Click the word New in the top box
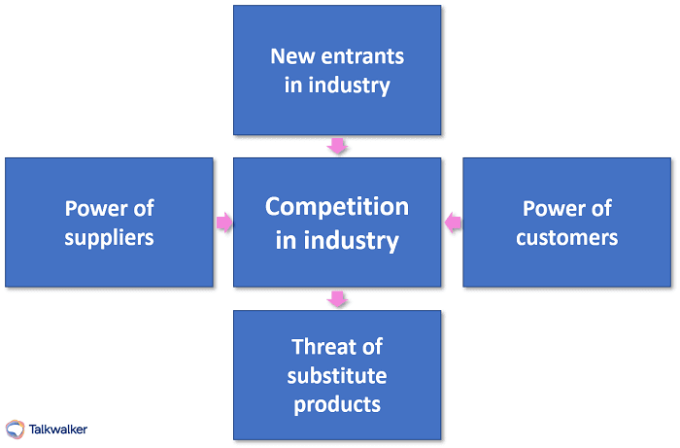point(292,55)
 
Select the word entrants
point(361,55)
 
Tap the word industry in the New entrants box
point(350,85)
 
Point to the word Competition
point(337,206)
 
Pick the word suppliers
point(109,236)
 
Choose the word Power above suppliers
point(95,208)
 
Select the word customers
point(566,236)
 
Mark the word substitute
point(337,375)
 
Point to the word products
point(337,403)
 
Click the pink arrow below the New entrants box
point(337,146)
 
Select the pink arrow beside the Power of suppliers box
point(224,224)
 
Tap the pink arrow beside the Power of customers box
point(452,224)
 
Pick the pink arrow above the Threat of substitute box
point(337,298)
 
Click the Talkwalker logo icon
point(16,429)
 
